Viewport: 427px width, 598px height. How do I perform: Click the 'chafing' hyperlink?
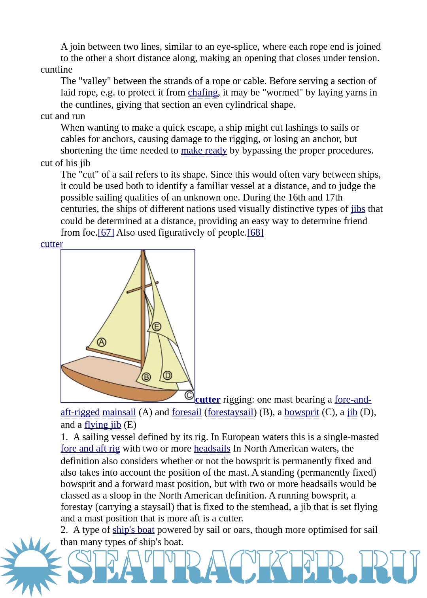tap(202, 92)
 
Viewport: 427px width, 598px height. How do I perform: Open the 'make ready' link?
tap(204, 150)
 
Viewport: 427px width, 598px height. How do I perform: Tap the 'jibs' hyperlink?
tap(358, 209)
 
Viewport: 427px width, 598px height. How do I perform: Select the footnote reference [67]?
tap(106, 232)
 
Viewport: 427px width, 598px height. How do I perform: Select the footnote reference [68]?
tap(255, 232)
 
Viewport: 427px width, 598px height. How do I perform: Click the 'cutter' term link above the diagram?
tap(52, 244)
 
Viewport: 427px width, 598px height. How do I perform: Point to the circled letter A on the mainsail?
tap(102, 342)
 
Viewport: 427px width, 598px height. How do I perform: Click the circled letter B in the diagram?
tap(146, 377)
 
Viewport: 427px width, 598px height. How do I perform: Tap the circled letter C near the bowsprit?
tap(189, 395)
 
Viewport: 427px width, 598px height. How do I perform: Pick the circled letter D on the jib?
tap(168, 375)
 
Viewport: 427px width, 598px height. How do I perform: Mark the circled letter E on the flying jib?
tap(157, 326)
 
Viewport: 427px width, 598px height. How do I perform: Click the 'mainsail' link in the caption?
tap(119, 412)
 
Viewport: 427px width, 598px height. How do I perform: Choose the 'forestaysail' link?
tap(231, 412)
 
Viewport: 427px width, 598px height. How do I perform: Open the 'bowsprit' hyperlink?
tap(302, 412)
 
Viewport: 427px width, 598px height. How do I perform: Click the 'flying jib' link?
tap(103, 425)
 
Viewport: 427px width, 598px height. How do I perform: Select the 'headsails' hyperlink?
tap(212, 448)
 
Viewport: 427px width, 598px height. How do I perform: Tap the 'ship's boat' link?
tap(133, 530)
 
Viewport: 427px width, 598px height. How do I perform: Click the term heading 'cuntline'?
tap(57, 69)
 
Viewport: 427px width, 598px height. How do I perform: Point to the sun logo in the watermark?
tap(31, 566)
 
